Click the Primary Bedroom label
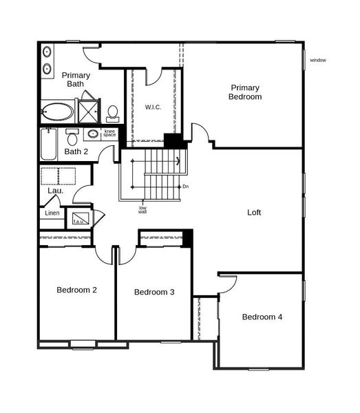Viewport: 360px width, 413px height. coord(245,92)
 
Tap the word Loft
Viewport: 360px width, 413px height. coord(254,213)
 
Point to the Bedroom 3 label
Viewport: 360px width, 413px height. coord(154,293)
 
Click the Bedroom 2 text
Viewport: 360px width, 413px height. coord(76,290)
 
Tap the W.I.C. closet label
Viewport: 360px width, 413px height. coord(153,107)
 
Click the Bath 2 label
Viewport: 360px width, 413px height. coord(76,151)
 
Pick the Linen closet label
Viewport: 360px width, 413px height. coord(52,213)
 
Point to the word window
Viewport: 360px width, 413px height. coord(317,60)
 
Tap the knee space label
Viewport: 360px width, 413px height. coord(109,133)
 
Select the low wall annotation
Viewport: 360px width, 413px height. coord(142,209)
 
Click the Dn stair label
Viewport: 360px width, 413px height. coord(185,187)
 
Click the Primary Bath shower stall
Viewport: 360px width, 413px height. coord(88,112)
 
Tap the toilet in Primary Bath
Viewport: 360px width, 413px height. coord(113,114)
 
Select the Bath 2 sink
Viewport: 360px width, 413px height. coord(92,134)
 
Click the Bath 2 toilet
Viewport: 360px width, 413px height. coord(72,136)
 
